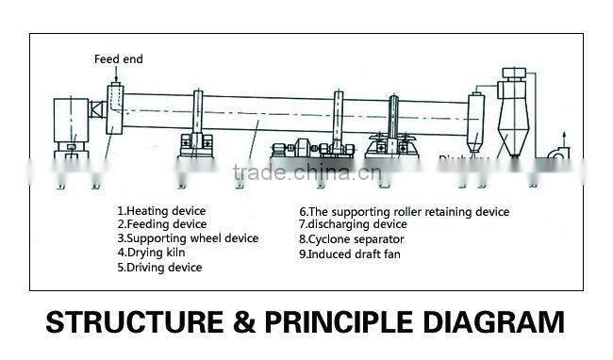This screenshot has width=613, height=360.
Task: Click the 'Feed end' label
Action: click(x=118, y=59)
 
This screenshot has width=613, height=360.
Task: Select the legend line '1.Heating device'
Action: click(x=161, y=210)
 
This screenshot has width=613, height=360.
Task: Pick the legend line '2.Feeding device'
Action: click(x=162, y=224)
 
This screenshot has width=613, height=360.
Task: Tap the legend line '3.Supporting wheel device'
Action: click(x=188, y=238)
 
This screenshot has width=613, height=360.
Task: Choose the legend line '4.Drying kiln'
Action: click(x=151, y=253)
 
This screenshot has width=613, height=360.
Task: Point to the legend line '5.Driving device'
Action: click(x=159, y=268)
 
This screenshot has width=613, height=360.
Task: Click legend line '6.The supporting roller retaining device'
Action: click(x=404, y=212)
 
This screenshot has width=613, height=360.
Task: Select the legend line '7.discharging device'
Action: click(x=355, y=225)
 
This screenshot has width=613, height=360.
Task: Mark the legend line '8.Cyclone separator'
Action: click(x=351, y=239)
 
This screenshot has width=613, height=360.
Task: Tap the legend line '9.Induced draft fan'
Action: click(x=352, y=254)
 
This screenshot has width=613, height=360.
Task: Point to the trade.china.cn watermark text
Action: click(x=306, y=172)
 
